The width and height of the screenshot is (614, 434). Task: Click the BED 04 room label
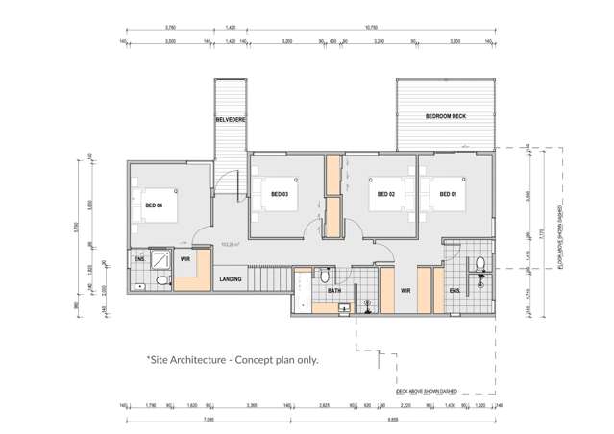(x=154, y=205)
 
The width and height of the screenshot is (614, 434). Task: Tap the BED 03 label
(x=280, y=195)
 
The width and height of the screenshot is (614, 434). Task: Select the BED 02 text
(x=385, y=195)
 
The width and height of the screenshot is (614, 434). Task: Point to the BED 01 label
(x=447, y=195)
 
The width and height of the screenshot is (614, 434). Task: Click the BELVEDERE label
(x=230, y=119)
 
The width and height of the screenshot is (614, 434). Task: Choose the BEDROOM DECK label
(x=446, y=116)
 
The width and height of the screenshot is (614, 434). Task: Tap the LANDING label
(x=231, y=279)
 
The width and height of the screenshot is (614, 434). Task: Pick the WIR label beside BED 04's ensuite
(x=185, y=259)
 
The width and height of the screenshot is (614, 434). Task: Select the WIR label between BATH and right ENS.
(x=405, y=289)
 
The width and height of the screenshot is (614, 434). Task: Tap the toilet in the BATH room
(x=328, y=275)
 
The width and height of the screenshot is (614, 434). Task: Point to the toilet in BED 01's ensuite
(x=478, y=263)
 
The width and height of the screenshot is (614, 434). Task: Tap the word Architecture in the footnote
(x=209, y=360)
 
